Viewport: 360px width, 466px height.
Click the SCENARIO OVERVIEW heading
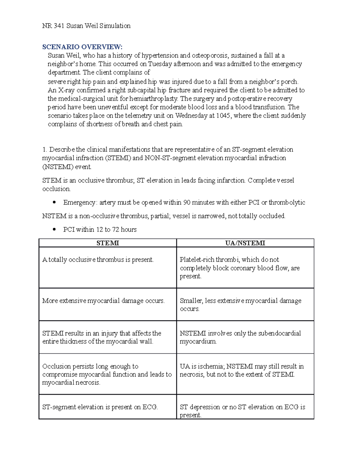(x=82, y=47)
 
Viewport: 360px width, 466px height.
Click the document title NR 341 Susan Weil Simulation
(x=86, y=26)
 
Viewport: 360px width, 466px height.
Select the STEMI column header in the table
(x=108, y=243)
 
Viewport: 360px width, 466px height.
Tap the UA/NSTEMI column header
(x=245, y=243)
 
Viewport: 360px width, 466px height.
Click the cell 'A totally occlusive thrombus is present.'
(x=98, y=260)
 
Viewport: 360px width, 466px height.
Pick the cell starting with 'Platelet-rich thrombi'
(x=239, y=268)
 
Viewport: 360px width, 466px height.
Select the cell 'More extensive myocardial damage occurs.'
(x=103, y=301)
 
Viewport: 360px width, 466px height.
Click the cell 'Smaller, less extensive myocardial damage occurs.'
(x=240, y=305)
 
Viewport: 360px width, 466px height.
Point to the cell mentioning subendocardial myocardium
(x=240, y=337)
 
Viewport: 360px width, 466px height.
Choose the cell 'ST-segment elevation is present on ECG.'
(x=100, y=407)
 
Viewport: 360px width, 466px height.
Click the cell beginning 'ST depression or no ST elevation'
(x=242, y=411)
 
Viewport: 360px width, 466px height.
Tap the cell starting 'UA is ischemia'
(x=241, y=370)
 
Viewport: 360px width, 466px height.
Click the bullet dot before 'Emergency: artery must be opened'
(x=54, y=203)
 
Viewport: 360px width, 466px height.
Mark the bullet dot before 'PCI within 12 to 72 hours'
(x=54, y=230)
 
